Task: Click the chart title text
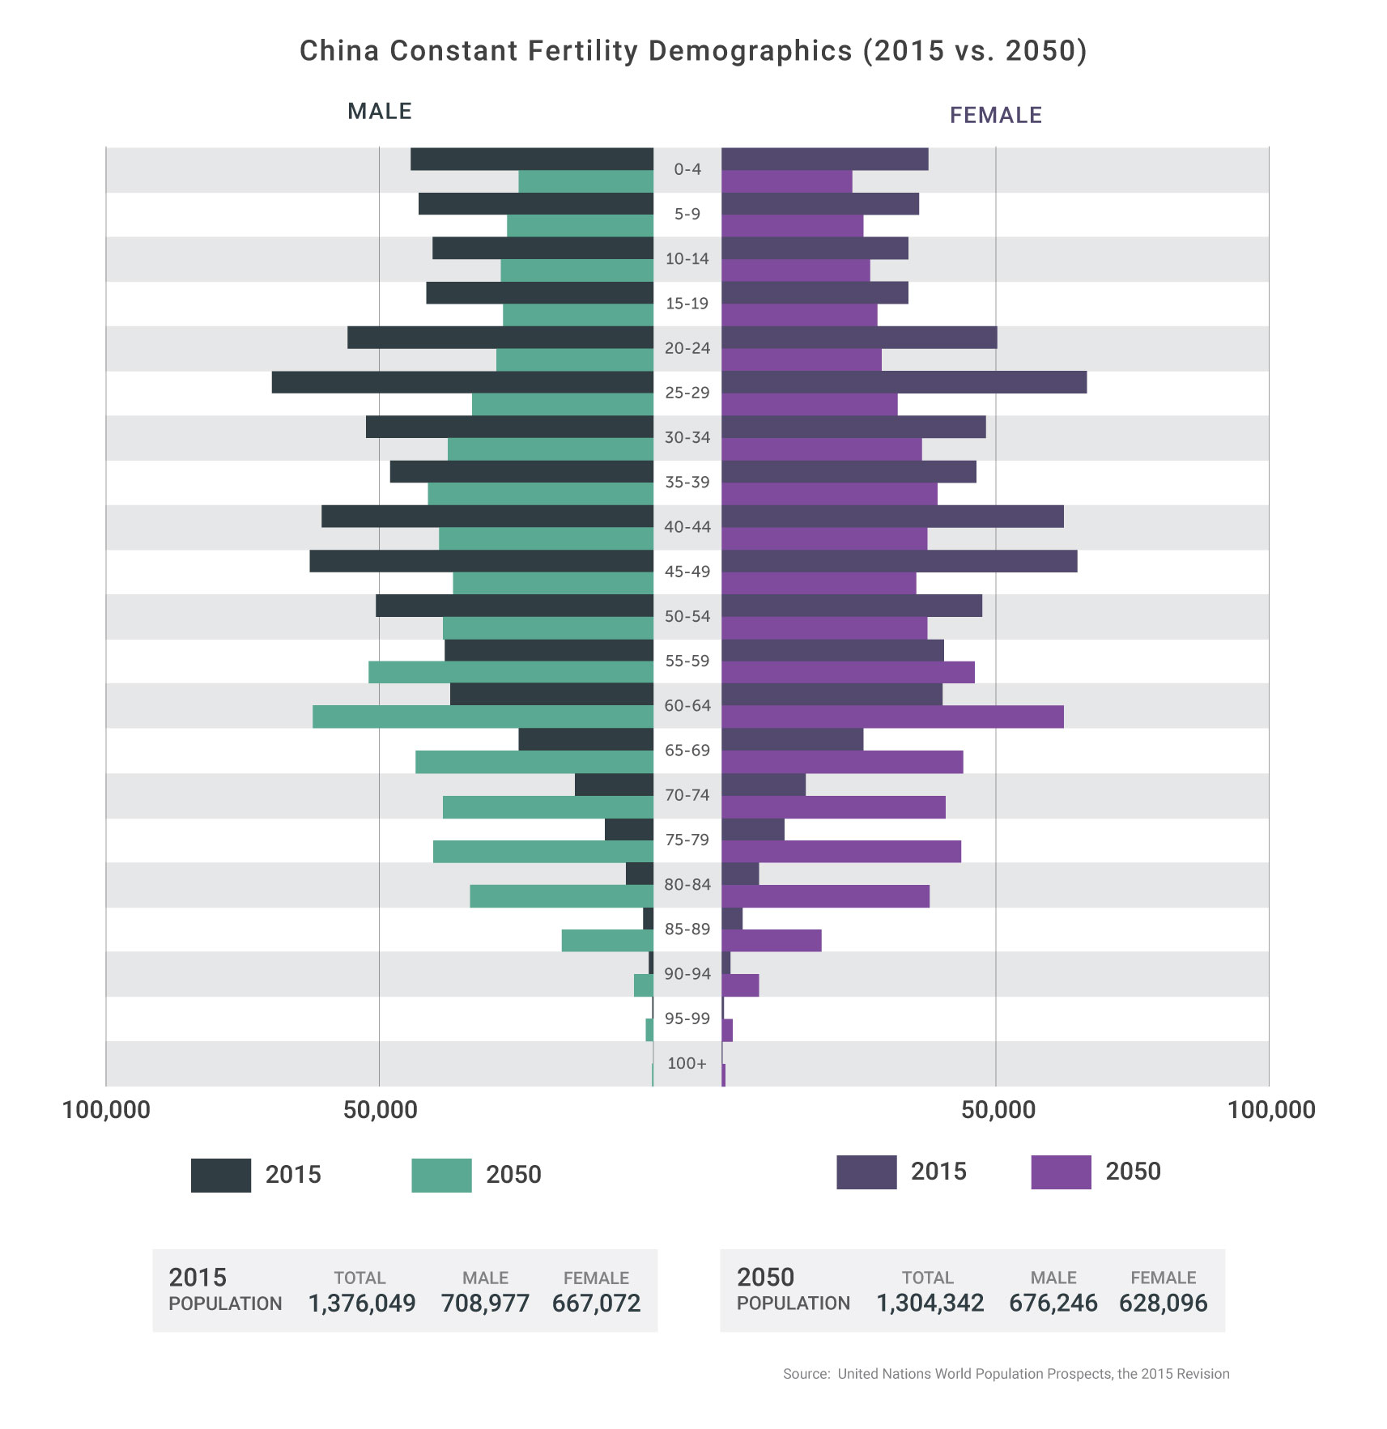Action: click(x=693, y=51)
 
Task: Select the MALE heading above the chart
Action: click(x=380, y=111)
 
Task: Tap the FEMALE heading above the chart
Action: click(x=995, y=115)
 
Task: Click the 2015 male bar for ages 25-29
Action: click(x=462, y=382)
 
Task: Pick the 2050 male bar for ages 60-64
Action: click(x=483, y=717)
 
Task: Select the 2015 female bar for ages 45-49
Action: click(x=899, y=561)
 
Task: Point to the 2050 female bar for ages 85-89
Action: click(x=771, y=940)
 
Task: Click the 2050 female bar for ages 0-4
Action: click(x=786, y=181)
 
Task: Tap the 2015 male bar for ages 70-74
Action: click(x=614, y=785)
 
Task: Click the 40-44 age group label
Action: click(x=687, y=527)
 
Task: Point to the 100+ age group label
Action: click(x=687, y=1063)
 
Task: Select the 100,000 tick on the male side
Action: click(x=106, y=1109)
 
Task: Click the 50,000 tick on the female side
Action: click(x=998, y=1109)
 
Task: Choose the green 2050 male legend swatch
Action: click(x=441, y=1175)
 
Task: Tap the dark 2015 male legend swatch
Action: click(x=221, y=1175)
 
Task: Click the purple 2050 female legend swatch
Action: click(x=1061, y=1172)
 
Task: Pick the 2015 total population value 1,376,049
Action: click(x=362, y=1303)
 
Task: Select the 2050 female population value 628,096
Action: click(x=1163, y=1303)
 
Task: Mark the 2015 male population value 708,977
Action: click(x=485, y=1303)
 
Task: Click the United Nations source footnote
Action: click(x=1006, y=1373)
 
